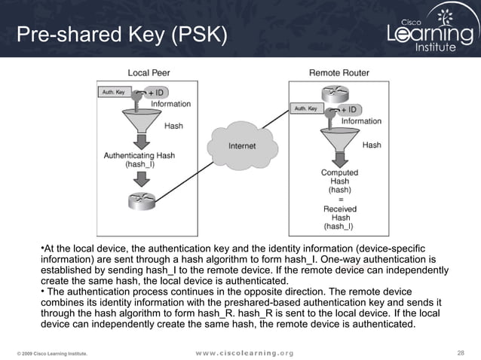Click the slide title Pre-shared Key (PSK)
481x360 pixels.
pyautogui.click(x=121, y=35)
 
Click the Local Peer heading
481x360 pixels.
pyautogui.click(x=148, y=72)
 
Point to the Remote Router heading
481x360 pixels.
pyautogui.click(x=339, y=72)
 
